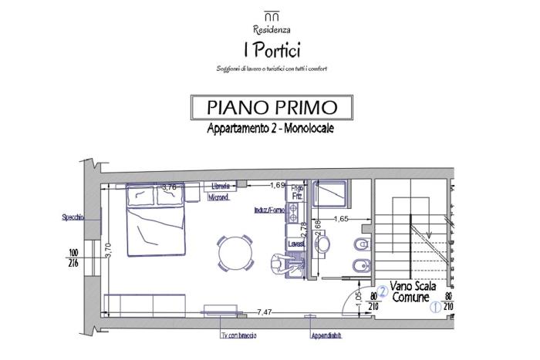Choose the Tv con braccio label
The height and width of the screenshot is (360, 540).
(238, 336)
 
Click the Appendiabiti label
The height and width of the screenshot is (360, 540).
(327, 336)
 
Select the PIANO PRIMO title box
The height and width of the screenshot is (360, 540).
(270, 106)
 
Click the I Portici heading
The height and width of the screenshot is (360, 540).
(270, 49)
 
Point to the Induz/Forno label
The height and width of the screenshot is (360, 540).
(268, 210)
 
